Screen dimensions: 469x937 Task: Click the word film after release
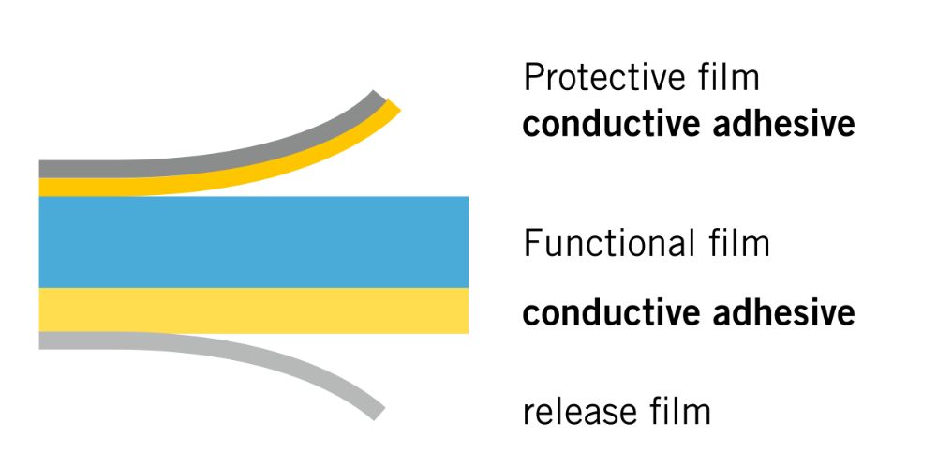pos(678,411)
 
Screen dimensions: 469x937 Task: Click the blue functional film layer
pos(253,242)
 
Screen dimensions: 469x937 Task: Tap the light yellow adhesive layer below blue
pos(253,310)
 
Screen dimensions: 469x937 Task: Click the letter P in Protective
pos(532,78)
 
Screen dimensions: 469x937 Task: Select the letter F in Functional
pos(531,243)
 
